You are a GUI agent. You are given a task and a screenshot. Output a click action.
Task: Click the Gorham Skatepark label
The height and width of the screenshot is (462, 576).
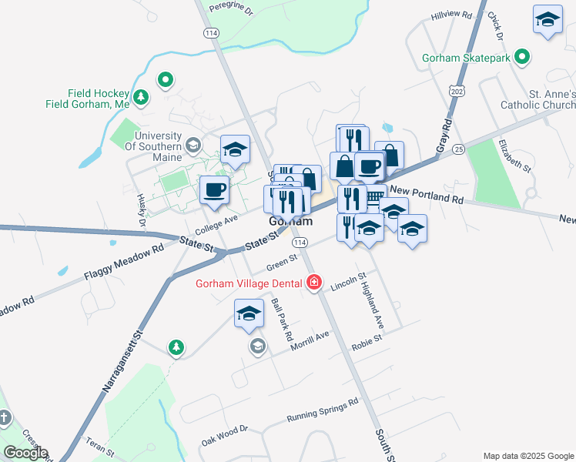(467, 57)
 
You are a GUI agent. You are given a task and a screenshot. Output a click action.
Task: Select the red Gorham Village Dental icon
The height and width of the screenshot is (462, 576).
(313, 283)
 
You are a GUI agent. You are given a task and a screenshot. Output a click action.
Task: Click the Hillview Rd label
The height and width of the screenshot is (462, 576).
(451, 15)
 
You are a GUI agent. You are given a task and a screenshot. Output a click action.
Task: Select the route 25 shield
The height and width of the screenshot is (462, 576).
(459, 147)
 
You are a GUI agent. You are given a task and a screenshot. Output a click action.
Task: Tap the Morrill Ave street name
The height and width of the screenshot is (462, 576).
(310, 341)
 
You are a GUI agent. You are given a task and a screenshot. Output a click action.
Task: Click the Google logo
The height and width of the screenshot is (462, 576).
(25, 453)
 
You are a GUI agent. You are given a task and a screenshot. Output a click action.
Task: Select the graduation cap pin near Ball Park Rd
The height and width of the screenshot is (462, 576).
(249, 313)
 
